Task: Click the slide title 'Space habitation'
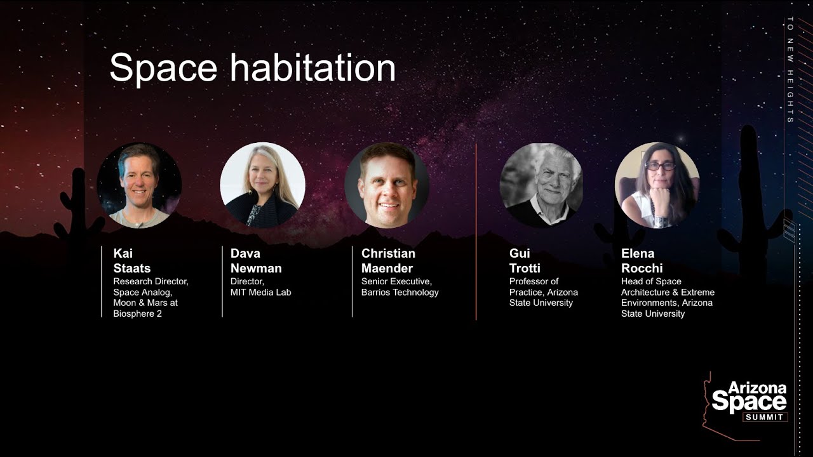(x=252, y=68)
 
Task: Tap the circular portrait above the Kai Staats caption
(x=139, y=185)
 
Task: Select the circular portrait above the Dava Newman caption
(x=262, y=185)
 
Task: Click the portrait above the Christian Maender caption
(x=387, y=185)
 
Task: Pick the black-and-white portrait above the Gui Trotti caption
(x=542, y=185)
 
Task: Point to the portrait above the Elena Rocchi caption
(x=657, y=185)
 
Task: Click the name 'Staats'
(x=131, y=268)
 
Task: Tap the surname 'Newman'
(x=256, y=268)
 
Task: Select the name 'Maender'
(x=387, y=268)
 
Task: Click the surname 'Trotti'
(x=525, y=268)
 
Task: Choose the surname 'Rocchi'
(x=642, y=268)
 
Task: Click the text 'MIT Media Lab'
(x=260, y=292)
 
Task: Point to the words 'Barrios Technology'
(x=400, y=292)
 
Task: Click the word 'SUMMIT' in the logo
(x=765, y=417)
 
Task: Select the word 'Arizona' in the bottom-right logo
(x=757, y=388)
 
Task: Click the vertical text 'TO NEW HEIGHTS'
(x=790, y=70)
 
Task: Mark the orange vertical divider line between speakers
(x=476, y=232)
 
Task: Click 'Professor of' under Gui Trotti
(x=534, y=281)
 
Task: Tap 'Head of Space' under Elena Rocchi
(x=651, y=281)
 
